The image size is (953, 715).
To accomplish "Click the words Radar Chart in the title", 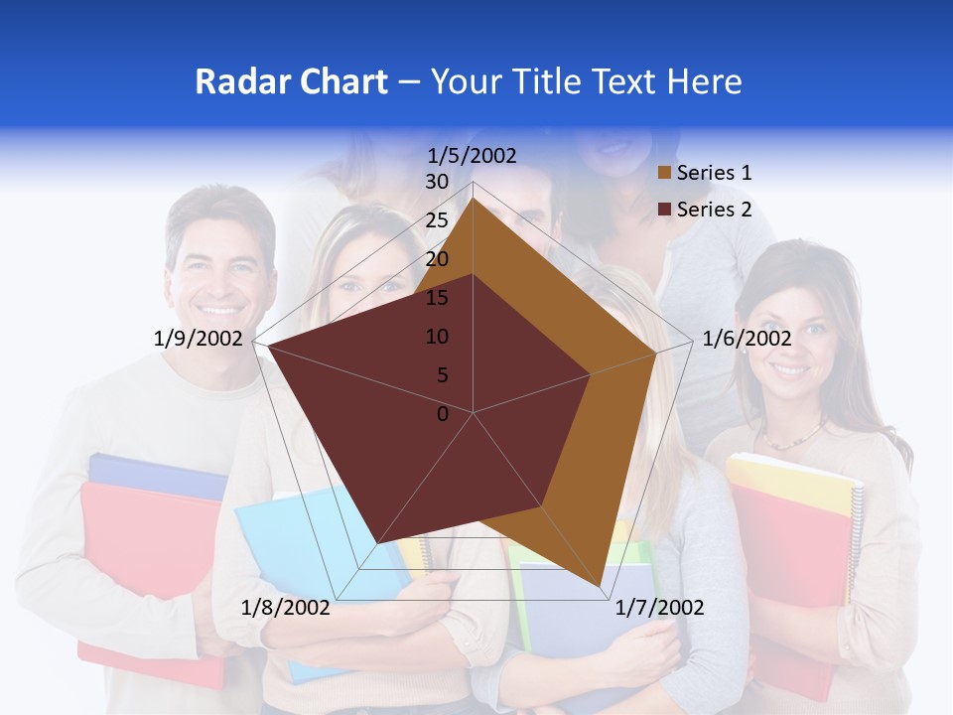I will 291,81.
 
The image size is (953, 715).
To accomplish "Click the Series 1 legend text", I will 714,173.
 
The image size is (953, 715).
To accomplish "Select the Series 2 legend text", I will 714,210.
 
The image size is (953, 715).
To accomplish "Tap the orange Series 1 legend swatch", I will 664,174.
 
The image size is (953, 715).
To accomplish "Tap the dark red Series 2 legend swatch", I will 664,210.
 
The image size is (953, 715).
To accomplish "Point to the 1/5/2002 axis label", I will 472,155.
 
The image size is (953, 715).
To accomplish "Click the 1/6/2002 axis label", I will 747,339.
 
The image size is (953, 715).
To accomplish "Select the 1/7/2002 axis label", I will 659,608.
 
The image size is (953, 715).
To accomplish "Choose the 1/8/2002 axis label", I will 286,608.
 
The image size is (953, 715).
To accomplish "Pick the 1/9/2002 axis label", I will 198,339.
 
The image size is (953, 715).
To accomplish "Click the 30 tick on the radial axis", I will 437,182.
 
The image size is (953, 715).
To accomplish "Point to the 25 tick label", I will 437,220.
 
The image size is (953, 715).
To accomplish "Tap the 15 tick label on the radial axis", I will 437,298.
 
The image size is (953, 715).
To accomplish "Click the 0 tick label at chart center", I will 443,414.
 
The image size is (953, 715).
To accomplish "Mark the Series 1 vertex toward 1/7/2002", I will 600,587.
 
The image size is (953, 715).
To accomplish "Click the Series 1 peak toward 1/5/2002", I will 474,199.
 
